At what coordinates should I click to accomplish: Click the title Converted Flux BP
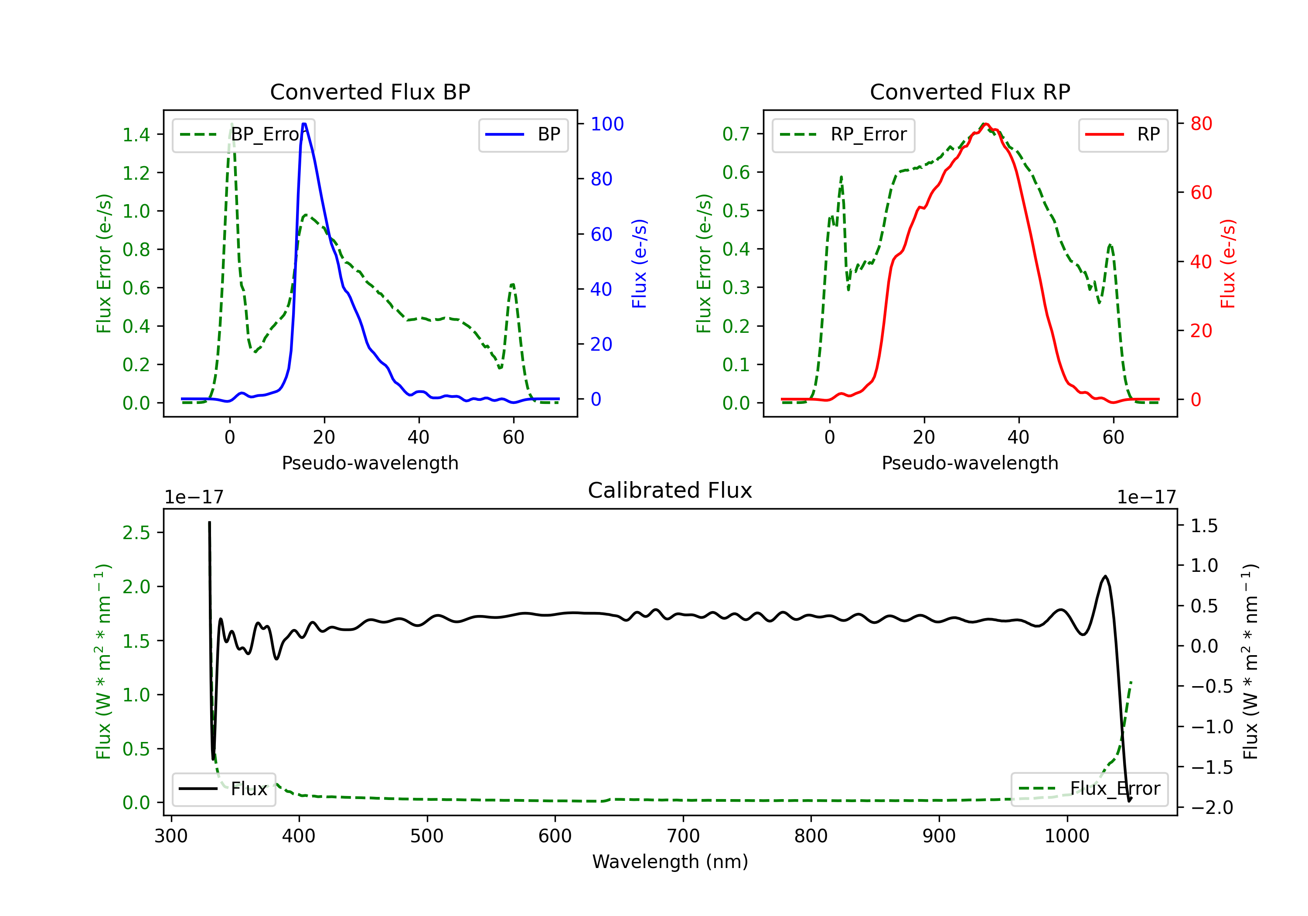pyautogui.click(x=370, y=92)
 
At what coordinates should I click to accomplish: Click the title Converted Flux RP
pyautogui.click(x=970, y=92)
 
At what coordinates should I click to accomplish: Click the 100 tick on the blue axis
pyautogui.click(x=607, y=124)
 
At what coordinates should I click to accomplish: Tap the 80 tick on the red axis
pyautogui.click(x=1201, y=124)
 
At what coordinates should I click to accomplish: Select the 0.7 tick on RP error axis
pyautogui.click(x=736, y=134)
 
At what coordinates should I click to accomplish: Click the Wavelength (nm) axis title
pyautogui.click(x=670, y=861)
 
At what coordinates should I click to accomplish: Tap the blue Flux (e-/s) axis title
pyautogui.click(x=639, y=263)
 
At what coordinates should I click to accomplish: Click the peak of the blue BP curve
pyautogui.click(x=304, y=124)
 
